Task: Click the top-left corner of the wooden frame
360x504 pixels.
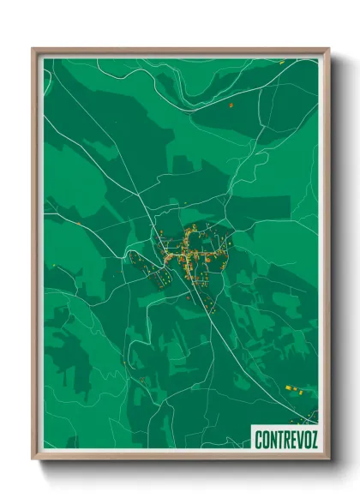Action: tap(33, 50)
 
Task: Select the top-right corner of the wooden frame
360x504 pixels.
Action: tap(328, 50)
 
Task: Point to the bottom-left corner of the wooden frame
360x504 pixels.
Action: tap(33, 459)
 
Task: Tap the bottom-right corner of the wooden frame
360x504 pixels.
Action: tap(328, 459)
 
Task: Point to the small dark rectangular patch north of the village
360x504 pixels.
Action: tap(183, 163)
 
